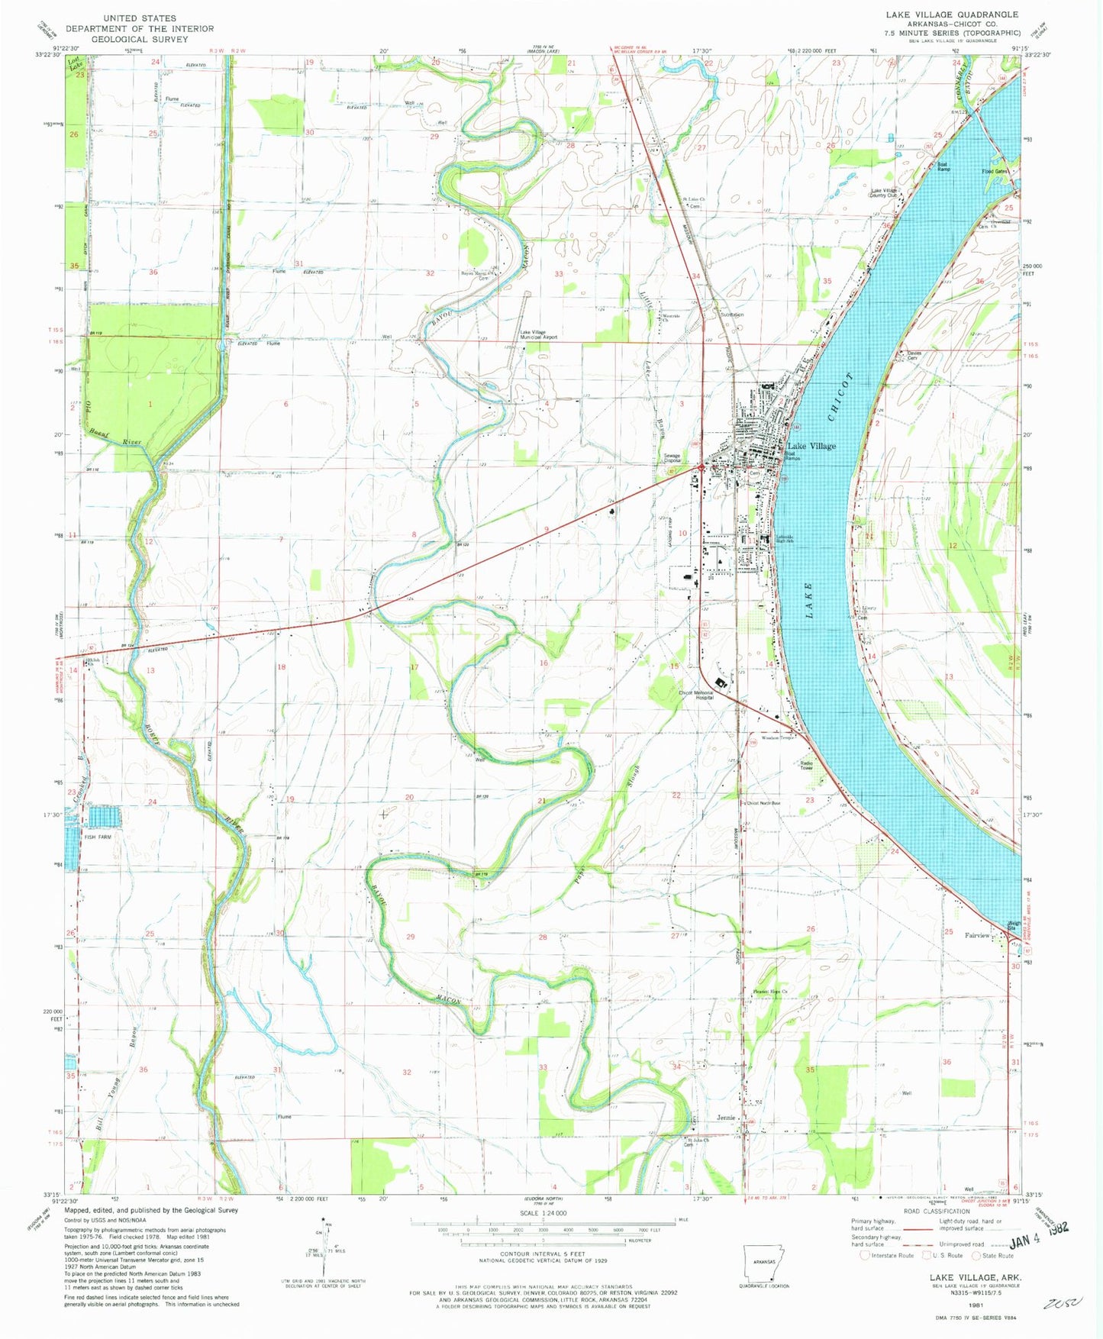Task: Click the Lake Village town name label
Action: click(x=811, y=446)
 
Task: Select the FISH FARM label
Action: click(x=97, y=837)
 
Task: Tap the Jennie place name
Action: click(x=726, y=1118)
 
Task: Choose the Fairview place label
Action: click(x=977, y=935)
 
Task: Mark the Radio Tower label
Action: click(x=807, y=766)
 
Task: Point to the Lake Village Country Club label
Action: click(x=885, y=192)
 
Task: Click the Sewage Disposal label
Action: click(x=672, y=459)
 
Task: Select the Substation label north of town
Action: click(x=731, y=315)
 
